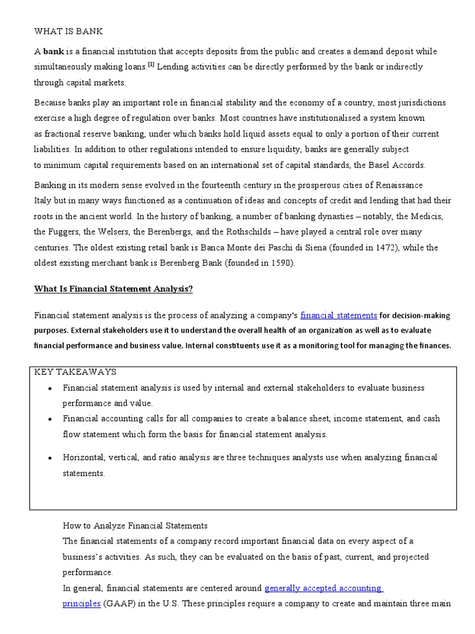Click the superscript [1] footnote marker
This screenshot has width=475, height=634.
point(151,65)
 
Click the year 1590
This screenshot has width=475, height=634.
point(280,263)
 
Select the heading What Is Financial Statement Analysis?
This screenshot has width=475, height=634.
point(114,289)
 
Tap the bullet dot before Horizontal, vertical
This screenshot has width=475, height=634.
point(49,458)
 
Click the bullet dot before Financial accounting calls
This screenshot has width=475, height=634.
point(49,419)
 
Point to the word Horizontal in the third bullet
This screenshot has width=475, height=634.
point(83,458)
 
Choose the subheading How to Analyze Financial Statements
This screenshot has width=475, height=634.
point(135,526)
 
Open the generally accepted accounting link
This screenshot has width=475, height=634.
point(323,588)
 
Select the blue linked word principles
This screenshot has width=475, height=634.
point(81,604)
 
